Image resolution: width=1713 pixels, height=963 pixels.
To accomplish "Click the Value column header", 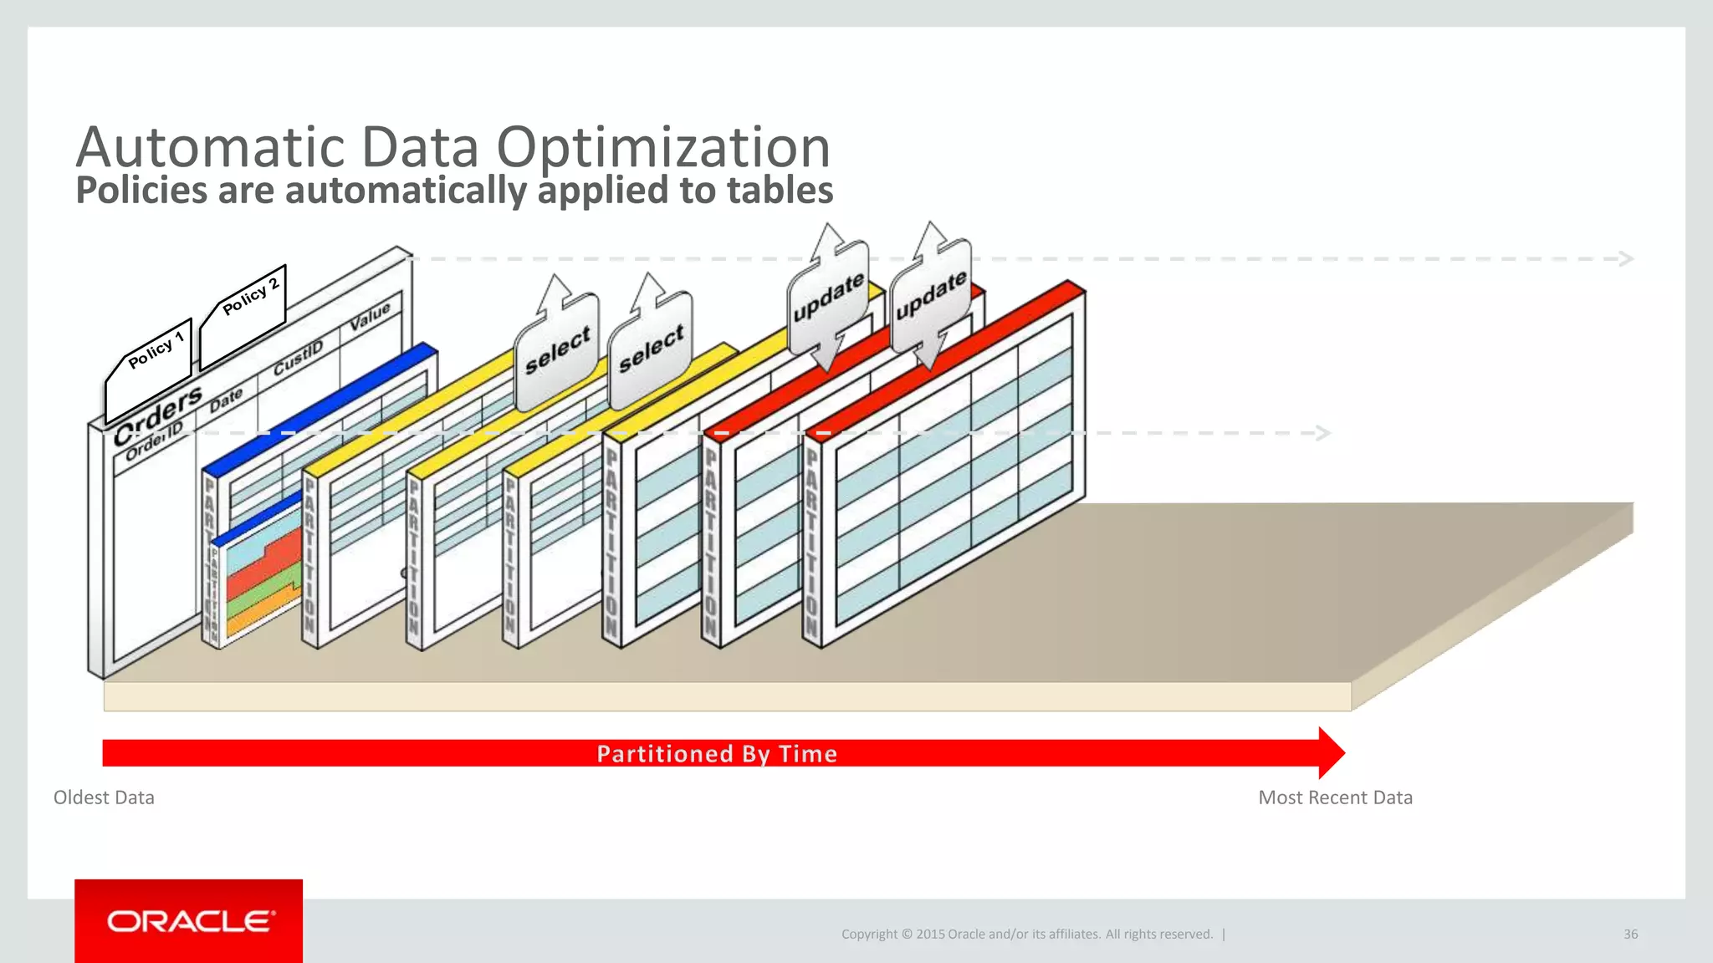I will point(370,316).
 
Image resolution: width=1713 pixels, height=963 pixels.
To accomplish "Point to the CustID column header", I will point(298,358).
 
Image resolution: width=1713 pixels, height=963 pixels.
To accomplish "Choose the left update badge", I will point(828,297).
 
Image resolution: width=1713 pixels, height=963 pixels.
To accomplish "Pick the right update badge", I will point(931,294).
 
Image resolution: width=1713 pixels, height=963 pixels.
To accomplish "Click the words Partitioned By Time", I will point(717,754).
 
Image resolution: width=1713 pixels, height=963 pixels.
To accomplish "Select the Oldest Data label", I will point(104,797).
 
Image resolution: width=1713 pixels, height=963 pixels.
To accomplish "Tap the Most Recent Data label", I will point(1335,797).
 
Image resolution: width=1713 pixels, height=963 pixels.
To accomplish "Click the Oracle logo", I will point(189,921).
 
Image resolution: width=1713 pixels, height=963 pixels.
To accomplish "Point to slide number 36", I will point(1630,934).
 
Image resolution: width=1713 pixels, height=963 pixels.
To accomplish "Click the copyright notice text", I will point(1027,934).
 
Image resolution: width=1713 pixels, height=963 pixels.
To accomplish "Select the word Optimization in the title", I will point(663,147).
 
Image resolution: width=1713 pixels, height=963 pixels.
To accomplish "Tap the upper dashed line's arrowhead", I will point(1626,258).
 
